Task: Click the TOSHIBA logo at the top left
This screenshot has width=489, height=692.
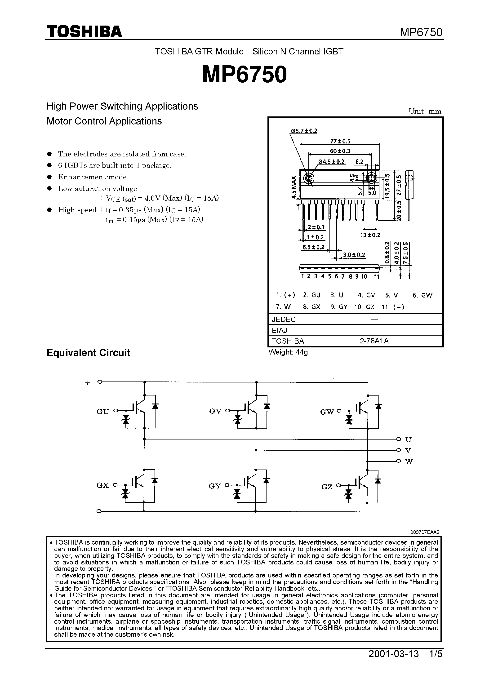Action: [84, 32]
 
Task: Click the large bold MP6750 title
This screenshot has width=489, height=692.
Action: [244, 75]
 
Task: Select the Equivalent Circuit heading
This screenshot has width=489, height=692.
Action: [88, 353]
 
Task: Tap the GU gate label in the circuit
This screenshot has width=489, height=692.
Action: [103, 412]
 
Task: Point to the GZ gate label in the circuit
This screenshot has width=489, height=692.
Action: [327, 487]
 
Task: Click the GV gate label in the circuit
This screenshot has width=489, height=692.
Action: [215, 411]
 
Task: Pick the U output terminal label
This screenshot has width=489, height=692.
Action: [409, 440]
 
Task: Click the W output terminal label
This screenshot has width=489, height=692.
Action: [409, 462]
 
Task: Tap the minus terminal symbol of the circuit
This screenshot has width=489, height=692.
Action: [88, 512]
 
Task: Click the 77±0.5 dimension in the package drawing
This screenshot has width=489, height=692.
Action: [340, 141]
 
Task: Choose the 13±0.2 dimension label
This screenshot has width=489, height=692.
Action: [370, 235]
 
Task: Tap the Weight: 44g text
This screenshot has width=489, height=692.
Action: [288, 352]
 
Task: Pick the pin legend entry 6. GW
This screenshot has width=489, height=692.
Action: [422, 295]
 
